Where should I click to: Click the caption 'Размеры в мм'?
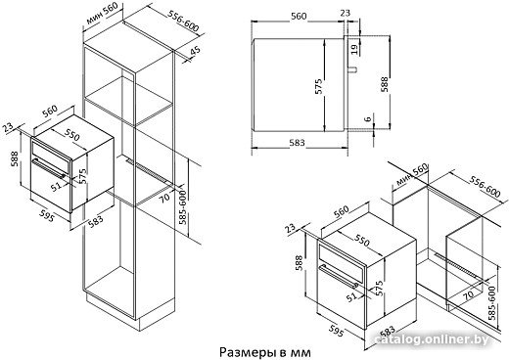(x=265, y=352)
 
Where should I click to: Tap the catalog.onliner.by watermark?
(x=433, y=339)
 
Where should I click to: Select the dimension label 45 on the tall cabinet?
(x=195, y=52)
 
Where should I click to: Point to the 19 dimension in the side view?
(x=354, y=49)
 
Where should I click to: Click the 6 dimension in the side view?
(x=368, y=118)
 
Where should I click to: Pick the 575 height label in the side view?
(x=319, y=86)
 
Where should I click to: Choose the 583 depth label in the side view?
(x=297, y=143)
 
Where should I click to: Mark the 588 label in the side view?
(x=385, y=84)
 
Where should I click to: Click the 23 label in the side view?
(x=345, y=13)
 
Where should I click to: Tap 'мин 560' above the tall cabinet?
(x=101, y=15)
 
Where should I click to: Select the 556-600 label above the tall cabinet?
(x=183, y=22)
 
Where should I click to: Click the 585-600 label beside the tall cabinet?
(x=183, y=207)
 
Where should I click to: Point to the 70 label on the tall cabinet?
(x=165, y=198)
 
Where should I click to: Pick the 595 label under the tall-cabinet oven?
(x=46, y=215)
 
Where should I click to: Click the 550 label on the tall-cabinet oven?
(x=71, y=135)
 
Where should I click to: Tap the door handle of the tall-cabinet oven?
(x=48, y=168)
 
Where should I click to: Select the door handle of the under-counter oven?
(x=338, y=277)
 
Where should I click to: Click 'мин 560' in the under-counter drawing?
(x=411, y=175)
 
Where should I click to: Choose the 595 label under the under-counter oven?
(x=336, y=330)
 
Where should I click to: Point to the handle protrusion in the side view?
(x=352, y=68)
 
